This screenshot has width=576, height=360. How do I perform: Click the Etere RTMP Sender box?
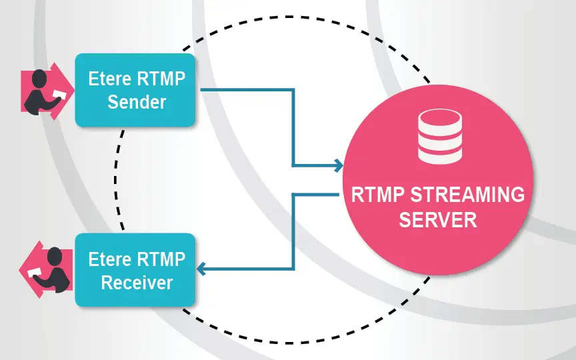click(135, 90)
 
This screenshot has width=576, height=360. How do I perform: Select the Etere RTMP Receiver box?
click(135, 269)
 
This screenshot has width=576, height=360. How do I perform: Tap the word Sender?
click(137, 103)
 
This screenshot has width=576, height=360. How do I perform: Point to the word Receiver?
click(137, 283)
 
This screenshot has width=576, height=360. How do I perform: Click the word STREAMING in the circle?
click(467, 195)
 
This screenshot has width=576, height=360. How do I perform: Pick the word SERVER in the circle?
click(438, 219)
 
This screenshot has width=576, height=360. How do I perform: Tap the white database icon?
click(439, 137)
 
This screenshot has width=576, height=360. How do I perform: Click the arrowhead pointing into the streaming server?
click(338, 165)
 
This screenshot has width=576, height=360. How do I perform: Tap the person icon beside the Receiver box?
click(46, 270)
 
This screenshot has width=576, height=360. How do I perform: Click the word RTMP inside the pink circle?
click(378, 195)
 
